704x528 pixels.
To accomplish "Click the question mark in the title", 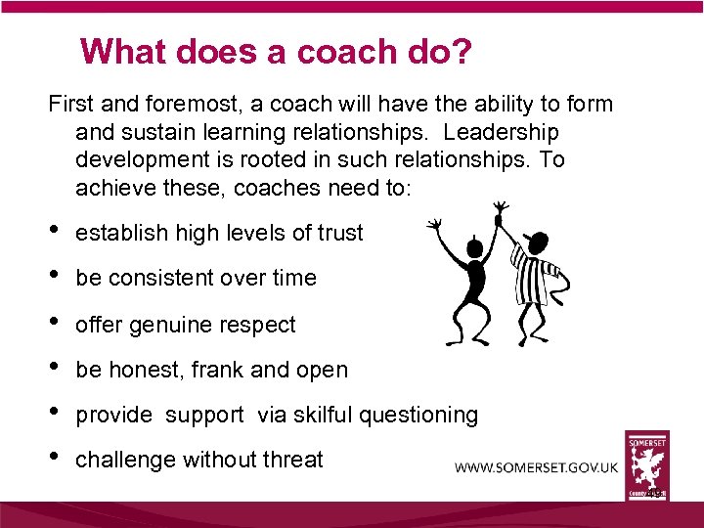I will [x=461, y=51].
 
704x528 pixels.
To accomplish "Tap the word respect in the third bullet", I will [x=259, y=325].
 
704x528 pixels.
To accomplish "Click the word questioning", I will [x=418, y=416].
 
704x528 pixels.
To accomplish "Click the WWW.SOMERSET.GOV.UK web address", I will [x=536, y=467].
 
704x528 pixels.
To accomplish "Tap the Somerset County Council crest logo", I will [x=648, y=466].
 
